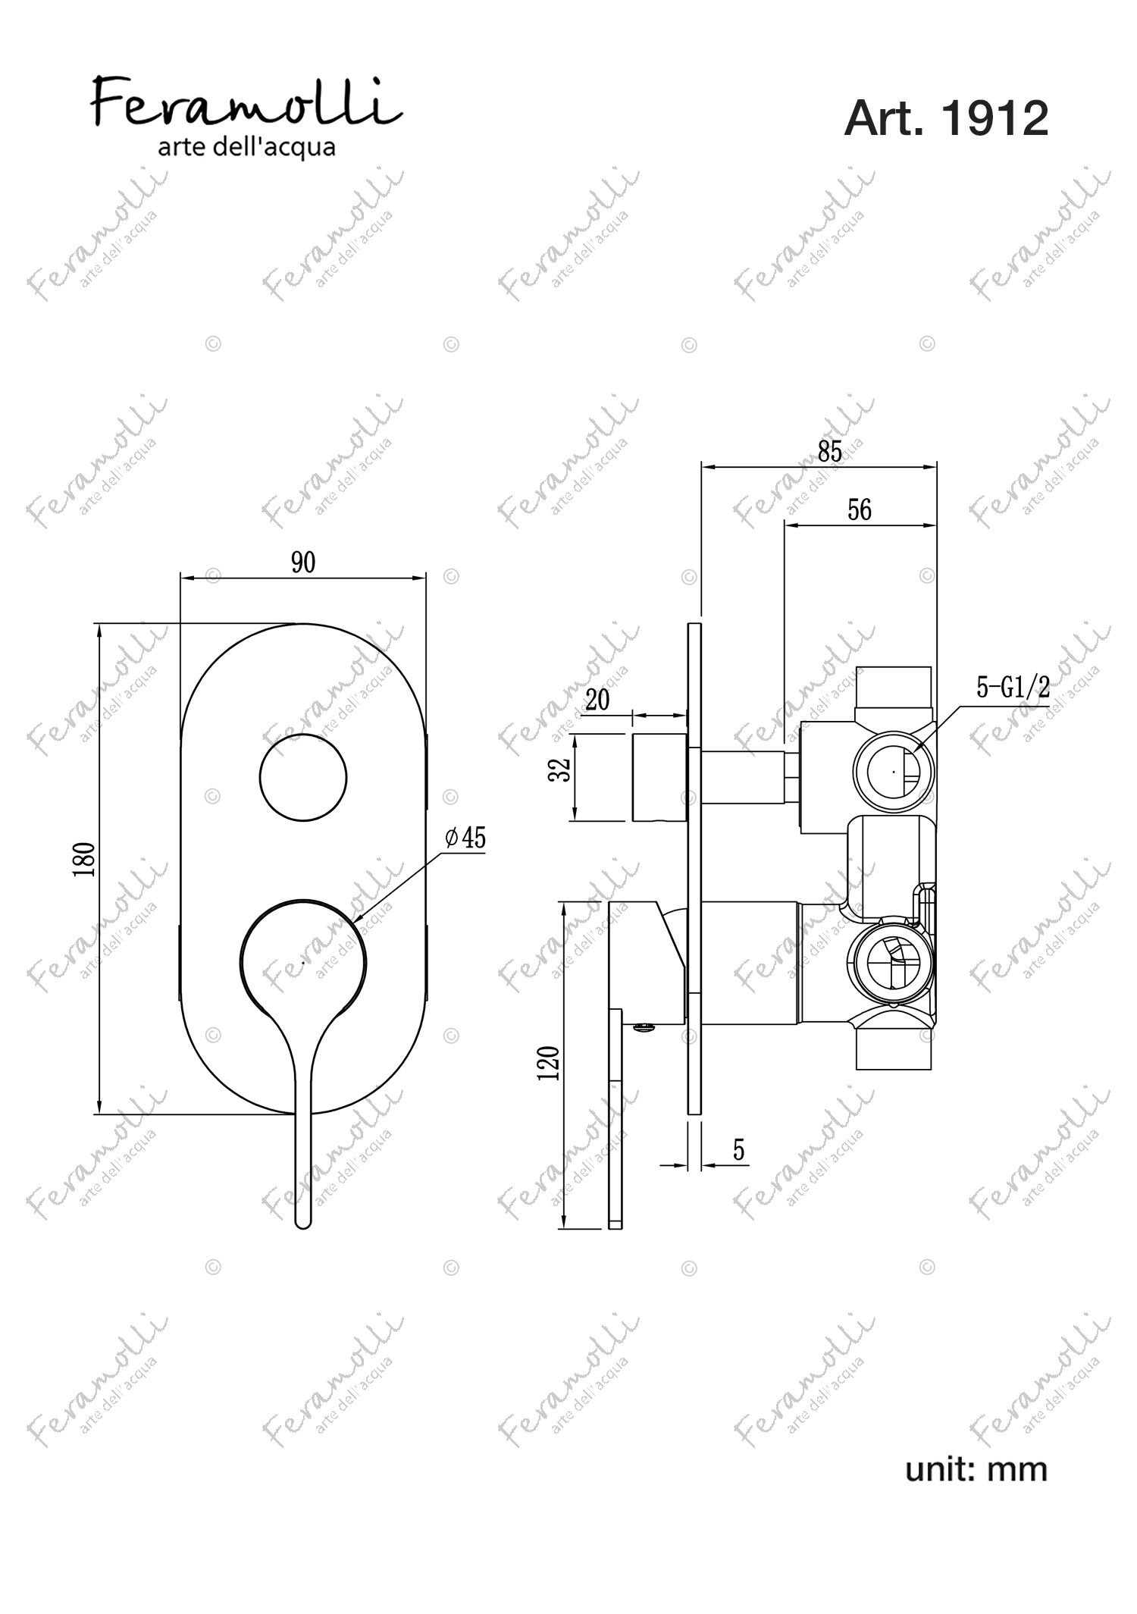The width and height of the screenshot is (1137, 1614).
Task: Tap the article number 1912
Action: [x=994, y=118]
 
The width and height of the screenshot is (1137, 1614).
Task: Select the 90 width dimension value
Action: [x=302, y=563]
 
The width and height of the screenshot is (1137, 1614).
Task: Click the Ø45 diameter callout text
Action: [x=465, y=838]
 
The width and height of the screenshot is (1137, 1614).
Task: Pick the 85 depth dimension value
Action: [x=830, y=451]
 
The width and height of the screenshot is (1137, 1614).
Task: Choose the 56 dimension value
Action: [x=859, y=510]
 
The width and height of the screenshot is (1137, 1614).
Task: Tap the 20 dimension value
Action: [x=597, y=700]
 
